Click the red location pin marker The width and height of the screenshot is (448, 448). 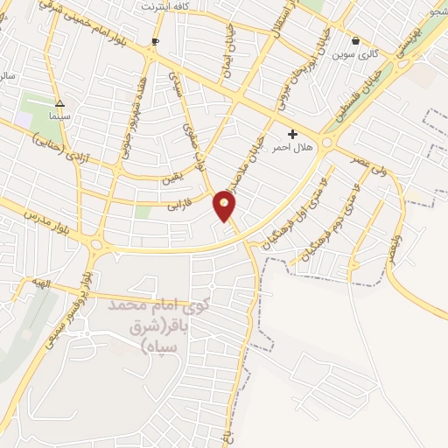tap(225, 205)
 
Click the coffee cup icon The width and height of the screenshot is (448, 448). tap(156, 42)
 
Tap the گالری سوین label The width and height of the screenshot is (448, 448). tap(355, 54)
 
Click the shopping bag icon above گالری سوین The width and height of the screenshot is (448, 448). tap(355, 40)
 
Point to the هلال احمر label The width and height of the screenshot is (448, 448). tap(293, 145)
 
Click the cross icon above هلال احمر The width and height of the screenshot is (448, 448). tap(293, 133)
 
